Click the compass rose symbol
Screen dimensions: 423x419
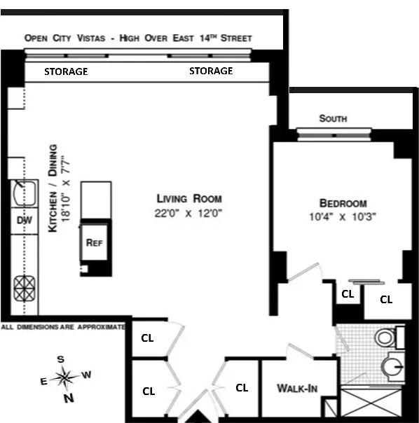point(65,378)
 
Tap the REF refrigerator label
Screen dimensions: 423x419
point(94,243)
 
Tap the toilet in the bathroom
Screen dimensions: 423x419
point(386,338)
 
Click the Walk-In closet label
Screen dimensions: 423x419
point(294,388)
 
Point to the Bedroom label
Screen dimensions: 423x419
point(343,203)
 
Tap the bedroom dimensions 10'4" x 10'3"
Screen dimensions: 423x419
point(343,216)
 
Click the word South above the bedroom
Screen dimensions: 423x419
point(333,119)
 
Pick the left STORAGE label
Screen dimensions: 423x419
point(66,71)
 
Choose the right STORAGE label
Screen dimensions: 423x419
point(211,71)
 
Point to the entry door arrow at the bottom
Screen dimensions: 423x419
point(198,417)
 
